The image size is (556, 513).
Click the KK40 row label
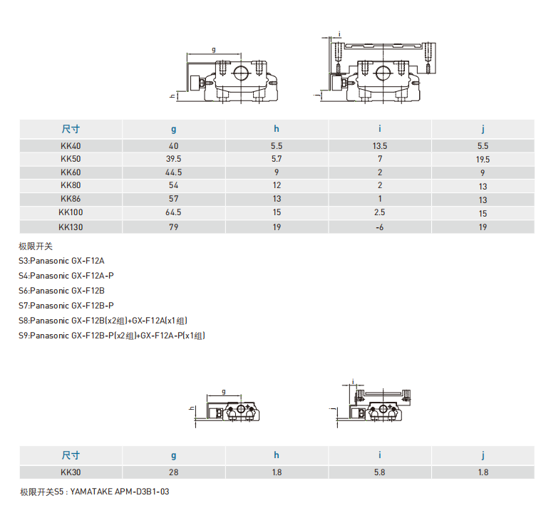(71, 146)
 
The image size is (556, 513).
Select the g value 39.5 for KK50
(173, 159)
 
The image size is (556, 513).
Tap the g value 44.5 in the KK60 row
(173, 172)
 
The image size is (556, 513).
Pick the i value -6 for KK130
(379, 227)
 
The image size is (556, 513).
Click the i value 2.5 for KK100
(379, 212)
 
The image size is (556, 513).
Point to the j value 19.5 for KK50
(483, 160)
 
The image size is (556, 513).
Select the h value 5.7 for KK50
(277, 159)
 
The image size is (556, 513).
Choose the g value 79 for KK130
(173, 227)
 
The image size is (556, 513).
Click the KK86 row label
(71, 199)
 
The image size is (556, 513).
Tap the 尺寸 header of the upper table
(71, 129)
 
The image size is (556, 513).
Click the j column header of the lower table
(483, 455)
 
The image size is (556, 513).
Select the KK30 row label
(71, 472)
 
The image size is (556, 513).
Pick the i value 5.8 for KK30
(379, 472)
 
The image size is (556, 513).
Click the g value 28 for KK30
(173, 472)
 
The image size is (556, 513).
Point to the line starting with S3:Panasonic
(61, 261)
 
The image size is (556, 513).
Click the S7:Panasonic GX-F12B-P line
(66, 306)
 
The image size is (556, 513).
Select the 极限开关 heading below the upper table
(36, 246)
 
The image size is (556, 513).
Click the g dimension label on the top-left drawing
(213, 50)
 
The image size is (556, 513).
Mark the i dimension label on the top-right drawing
(339, 34)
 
